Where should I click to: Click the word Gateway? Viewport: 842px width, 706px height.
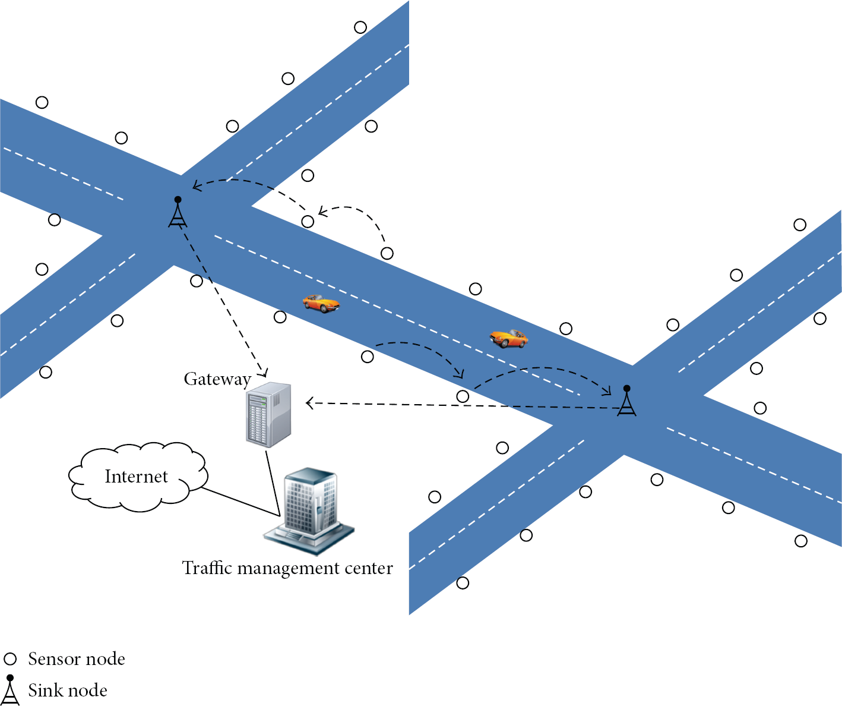(217, 379)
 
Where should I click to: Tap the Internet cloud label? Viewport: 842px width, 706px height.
(137, 477)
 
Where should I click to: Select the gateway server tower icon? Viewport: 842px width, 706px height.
(268, 415)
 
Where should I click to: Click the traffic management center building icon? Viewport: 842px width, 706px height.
(309, 511)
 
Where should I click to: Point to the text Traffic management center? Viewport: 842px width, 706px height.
(287, 568)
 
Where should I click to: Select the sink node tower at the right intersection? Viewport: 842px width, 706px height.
(626, 400)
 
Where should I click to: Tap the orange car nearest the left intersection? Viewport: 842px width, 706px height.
(321, 303)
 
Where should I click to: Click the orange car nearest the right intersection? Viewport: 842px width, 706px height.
(509, 338)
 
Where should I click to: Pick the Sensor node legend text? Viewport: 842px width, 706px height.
(77, 659)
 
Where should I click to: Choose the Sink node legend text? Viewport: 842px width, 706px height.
(68, 691)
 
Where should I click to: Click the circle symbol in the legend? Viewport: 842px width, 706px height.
(10, 659)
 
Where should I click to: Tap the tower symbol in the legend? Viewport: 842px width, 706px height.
(10, 690)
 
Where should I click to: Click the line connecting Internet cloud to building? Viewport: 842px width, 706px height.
(240, 502)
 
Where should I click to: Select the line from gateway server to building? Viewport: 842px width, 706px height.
(273, 484)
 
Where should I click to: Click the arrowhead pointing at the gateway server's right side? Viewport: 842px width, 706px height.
(310, 403)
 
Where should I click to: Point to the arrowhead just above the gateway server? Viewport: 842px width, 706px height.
(264, 372)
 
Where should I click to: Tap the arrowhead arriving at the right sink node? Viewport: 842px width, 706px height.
(607, 391)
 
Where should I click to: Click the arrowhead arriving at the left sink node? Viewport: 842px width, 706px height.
(197, 185)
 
